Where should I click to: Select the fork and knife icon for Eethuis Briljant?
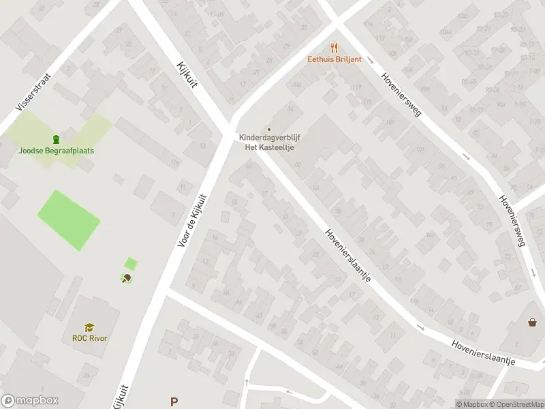[x=333, y=47]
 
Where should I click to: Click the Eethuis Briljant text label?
[x=333, y=59]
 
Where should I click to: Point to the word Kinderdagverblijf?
[x=270, y=137]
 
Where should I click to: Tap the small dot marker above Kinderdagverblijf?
[x=269, y=129]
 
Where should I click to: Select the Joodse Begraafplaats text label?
[x=57, y=151]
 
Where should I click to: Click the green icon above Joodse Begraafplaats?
[x=57, y=139]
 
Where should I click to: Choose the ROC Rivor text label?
[x=90, y=338]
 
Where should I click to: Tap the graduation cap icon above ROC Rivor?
[x=89, y=327]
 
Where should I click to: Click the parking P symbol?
[x=174, y=402]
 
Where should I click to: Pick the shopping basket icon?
[x=532, y=322]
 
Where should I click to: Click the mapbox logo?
[x=29, y=401]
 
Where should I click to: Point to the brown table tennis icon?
[x=126, y=277]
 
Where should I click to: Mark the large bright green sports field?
[x=68, y=219]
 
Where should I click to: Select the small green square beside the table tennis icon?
[x=131, y=263]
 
